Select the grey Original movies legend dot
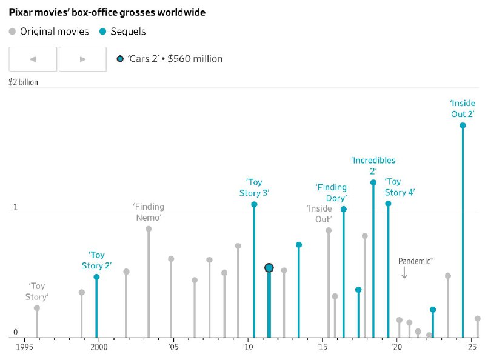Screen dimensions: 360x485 point(13,32)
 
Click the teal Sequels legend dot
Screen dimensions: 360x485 point(102,32)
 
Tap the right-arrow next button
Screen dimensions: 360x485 point(82,59)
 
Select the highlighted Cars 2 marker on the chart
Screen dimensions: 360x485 point(269,268)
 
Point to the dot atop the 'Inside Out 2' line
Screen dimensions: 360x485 point(463,125)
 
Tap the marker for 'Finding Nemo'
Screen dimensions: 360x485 point(149,229)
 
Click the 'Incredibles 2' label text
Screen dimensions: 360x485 point(373,165)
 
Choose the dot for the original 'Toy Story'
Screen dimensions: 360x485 point(37,308)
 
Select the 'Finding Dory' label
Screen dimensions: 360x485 point(331,193)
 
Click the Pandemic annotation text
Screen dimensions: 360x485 point(415,261)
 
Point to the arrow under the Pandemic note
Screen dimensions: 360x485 point(404,273)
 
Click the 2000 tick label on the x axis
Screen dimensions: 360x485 point(99,347)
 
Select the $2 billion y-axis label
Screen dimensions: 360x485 point(24,82)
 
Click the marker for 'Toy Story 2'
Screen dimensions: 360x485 point(96,277)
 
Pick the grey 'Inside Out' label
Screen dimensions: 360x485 point(319,214)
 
